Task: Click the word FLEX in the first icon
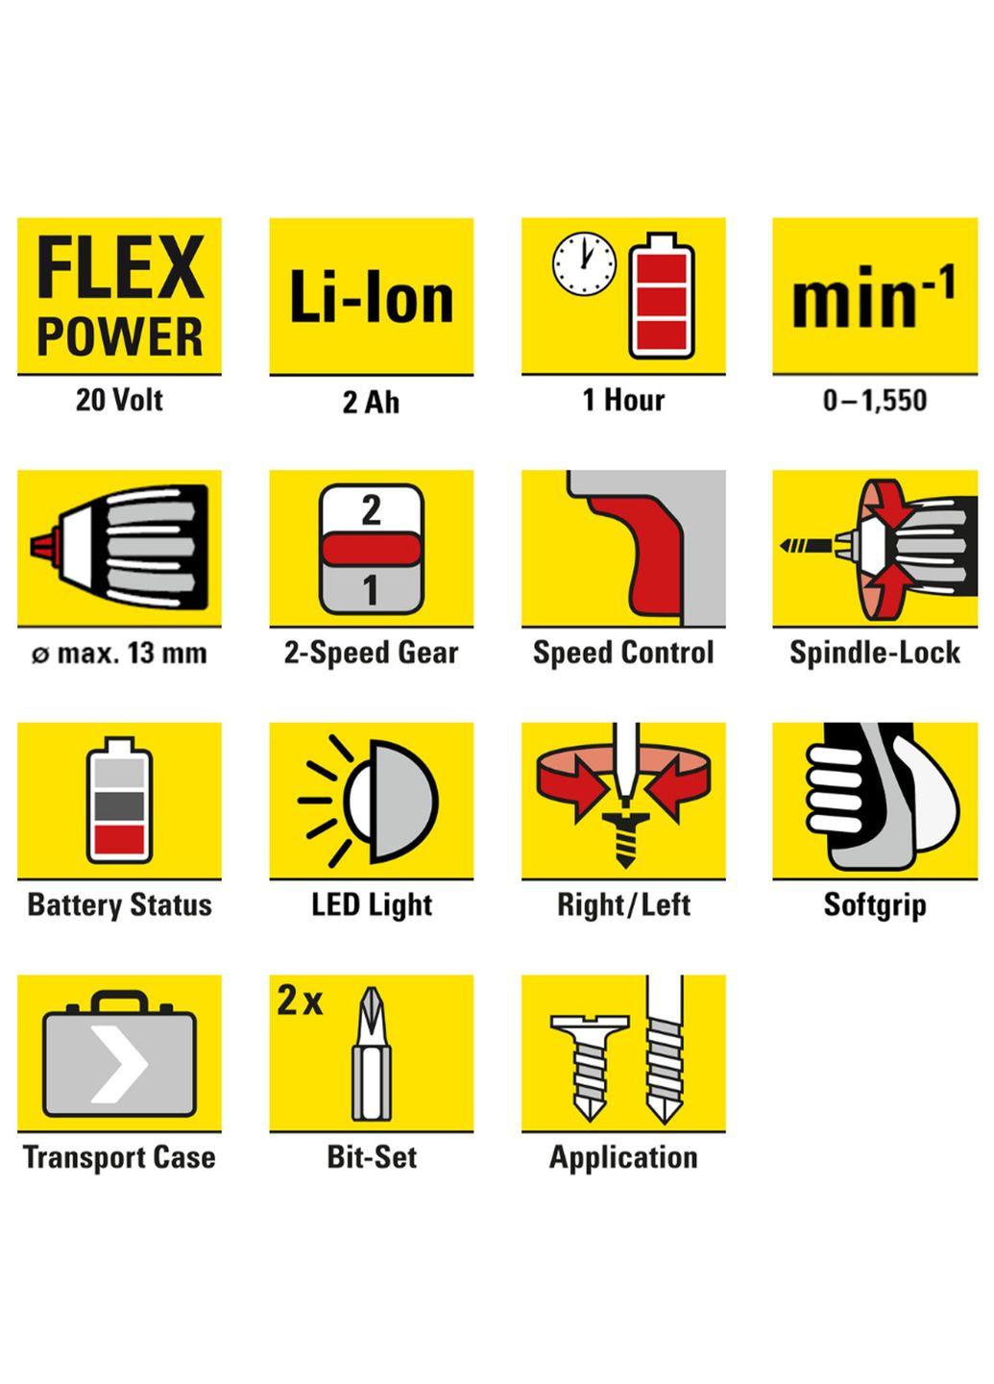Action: (x=120, y=267)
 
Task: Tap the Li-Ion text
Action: (x=372, y=297)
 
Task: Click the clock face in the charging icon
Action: (x=584, y=263)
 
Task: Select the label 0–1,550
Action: (x=875, y=401)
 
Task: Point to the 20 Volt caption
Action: (x=119, y=400)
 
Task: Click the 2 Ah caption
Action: (x=371, y=402)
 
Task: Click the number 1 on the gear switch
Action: (x=371, y=590)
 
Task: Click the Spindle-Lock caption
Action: (x=875, y=654)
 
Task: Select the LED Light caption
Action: (x=372, y=905)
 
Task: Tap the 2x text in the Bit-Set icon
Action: (x=300, y=1000)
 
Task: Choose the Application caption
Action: (x=623, y=1158)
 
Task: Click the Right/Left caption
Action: (x=623, y=905)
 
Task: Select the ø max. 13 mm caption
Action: (x=119, y=654)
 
